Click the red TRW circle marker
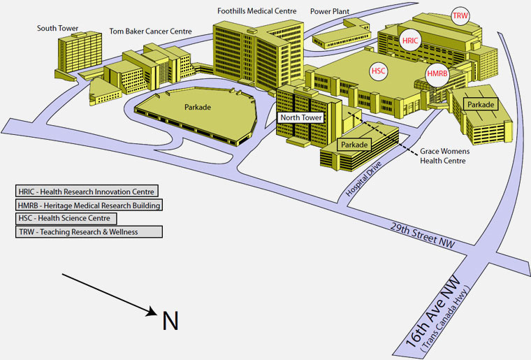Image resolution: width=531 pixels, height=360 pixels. click(460, 15)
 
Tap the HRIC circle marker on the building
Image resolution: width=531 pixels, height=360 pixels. click(411, 41)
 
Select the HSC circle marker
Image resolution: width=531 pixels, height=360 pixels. click(379, 71)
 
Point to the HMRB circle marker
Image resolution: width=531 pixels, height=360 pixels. click(437, 74)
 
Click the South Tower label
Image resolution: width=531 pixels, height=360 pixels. click(57, 29)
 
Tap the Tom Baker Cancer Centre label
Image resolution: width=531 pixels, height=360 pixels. click(150, 31)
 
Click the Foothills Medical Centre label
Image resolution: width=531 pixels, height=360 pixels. click(256, 11)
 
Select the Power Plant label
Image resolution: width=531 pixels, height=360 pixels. click(330, 11)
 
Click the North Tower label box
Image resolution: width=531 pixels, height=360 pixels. click(301, 118)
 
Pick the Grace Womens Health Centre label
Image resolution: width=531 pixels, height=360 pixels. click(442, 156)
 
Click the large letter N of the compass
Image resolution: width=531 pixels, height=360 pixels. click(170, 321)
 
